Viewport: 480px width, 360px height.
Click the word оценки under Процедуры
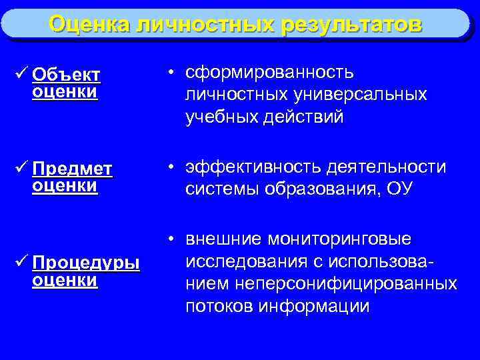coord(64,280)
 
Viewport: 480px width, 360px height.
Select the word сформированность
coord(270,72)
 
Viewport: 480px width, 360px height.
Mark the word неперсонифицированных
coord(357,284)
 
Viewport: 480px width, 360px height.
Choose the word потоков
coord(220,307)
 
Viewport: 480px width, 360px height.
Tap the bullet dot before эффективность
coord(171,167)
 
